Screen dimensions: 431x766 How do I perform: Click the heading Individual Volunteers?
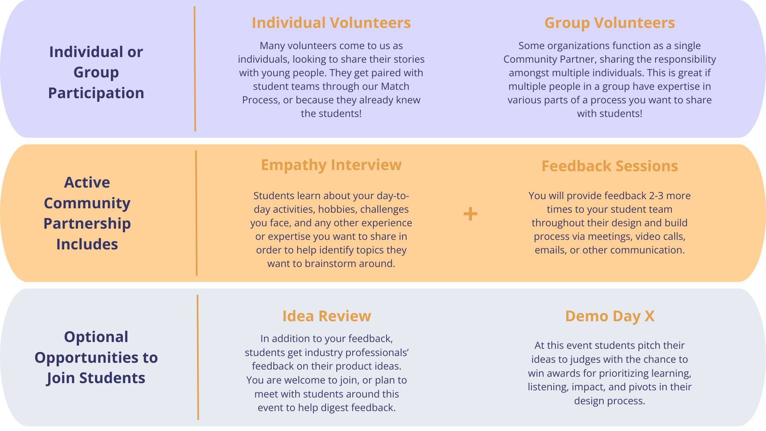click(331, 23)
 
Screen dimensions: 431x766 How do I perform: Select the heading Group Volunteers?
click(610, 23)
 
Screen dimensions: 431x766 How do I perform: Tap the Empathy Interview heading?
click(331, 165)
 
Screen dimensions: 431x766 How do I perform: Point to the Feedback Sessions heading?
click(610, 166)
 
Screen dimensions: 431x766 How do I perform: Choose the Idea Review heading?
click(327, 316)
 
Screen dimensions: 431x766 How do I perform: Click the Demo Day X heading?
click(610, 316)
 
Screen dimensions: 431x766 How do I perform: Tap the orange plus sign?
click(470, 214)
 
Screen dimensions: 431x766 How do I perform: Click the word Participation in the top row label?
click(96, 93)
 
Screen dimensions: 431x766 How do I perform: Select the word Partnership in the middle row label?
click(87, 223)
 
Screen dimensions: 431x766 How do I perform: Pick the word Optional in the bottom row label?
click(96, 337)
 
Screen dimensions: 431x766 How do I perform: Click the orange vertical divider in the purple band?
click(195, 69)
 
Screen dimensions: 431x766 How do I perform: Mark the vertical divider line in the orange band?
click(196, 213)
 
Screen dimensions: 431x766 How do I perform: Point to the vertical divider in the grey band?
click(198, 357)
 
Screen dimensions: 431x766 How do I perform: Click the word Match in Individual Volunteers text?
click(395, 87)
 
